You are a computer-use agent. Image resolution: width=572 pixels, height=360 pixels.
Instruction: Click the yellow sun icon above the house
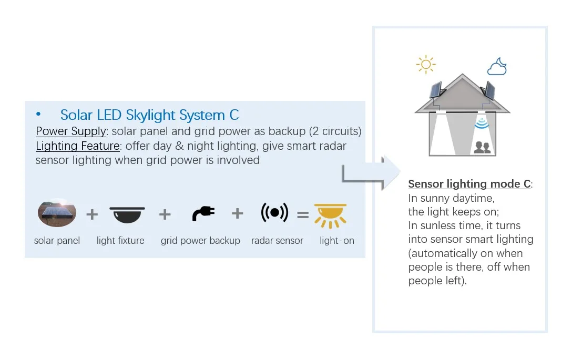pos(425,64)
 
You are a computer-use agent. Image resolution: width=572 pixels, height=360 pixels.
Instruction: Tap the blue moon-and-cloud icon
pos(497,67)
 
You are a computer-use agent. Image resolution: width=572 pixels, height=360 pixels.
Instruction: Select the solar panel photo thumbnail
pos(57,213)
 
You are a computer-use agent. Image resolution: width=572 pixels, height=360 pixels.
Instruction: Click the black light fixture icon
pos(127,214)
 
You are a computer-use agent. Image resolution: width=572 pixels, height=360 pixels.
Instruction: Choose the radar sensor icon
pos(274,213)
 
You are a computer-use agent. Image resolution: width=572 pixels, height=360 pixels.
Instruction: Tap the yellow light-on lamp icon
pos(330,215)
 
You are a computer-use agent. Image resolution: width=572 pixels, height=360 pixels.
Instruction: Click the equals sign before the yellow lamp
pos(302,214)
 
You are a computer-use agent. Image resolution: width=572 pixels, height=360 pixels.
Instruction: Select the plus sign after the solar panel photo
pos(92,214)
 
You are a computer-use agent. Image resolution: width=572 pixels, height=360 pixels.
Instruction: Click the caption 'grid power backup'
pos(200,241)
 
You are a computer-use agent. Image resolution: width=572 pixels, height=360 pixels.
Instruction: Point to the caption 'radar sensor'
pos(277,241)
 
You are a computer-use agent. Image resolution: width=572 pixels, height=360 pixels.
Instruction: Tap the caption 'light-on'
pos(337,241)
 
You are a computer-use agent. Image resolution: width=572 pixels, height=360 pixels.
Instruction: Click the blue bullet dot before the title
pos(38,114)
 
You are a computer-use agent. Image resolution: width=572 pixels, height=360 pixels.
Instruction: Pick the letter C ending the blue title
pos(234,115)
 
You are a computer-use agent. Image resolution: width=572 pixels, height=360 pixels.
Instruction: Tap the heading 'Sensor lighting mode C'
pos(469,184)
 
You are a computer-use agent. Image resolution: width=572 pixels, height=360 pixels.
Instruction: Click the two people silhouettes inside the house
pos(482,148)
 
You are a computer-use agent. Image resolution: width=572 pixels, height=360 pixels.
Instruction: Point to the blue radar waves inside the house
pos(481,124)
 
